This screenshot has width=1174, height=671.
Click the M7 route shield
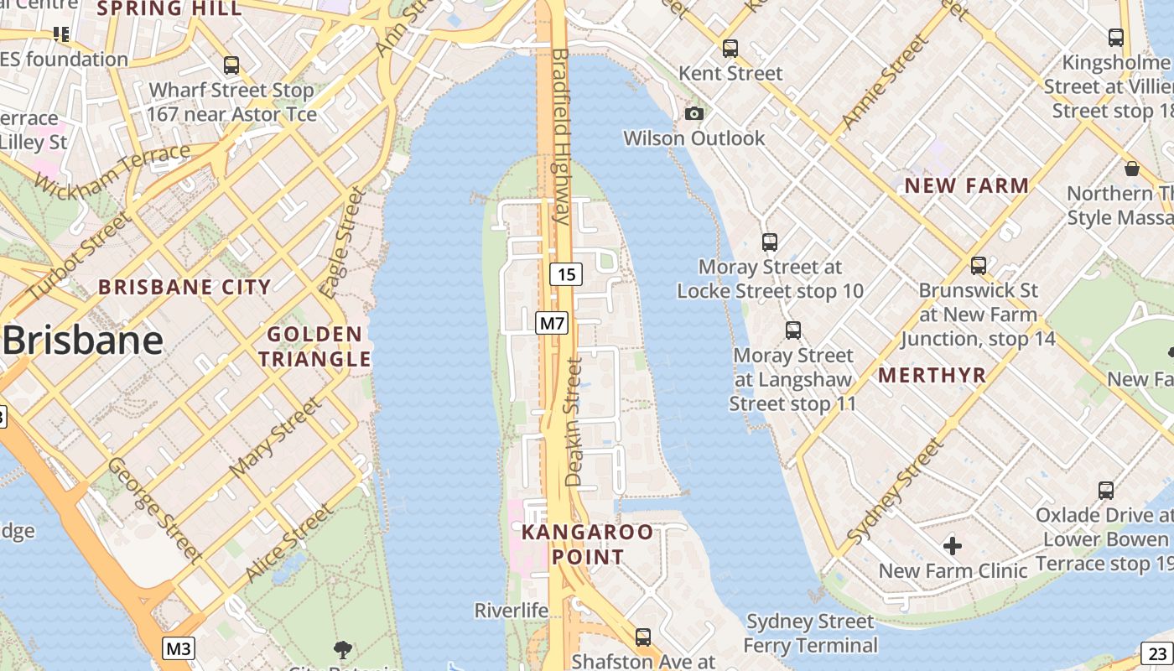coord(553,323)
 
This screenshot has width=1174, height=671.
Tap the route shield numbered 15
coord(567,273)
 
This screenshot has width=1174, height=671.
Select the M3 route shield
coord(179,648)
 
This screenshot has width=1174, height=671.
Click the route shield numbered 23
coord(1158,653)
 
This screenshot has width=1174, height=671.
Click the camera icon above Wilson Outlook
coord(694,113)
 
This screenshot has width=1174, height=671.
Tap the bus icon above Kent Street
coord(730,49)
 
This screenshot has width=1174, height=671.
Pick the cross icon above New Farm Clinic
coord(953,547)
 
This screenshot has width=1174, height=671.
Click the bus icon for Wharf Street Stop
coord(231,65)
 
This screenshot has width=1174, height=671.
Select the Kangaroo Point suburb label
coord(587,544)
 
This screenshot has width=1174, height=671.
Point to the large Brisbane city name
coord(82,341)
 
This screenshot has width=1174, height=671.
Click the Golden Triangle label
coord(314,346)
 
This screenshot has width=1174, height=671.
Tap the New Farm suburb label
coord(967,186)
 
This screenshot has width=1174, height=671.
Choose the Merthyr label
coord(932,375)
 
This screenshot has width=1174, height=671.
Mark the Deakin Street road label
coord(574,422)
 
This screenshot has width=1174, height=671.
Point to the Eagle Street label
coord(344,243)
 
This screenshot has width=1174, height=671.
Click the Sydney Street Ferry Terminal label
coord(810,633)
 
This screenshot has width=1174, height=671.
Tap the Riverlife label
coord(511,610)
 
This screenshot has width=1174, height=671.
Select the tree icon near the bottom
coord(342,648)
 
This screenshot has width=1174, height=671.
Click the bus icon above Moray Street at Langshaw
coord(793,330)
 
